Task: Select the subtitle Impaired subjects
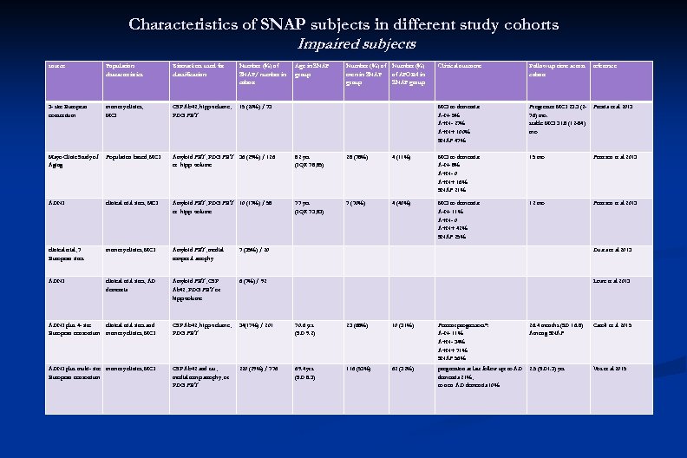pos(357,43)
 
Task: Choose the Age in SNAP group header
pos(310,70)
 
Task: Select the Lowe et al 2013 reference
pos(612,281)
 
